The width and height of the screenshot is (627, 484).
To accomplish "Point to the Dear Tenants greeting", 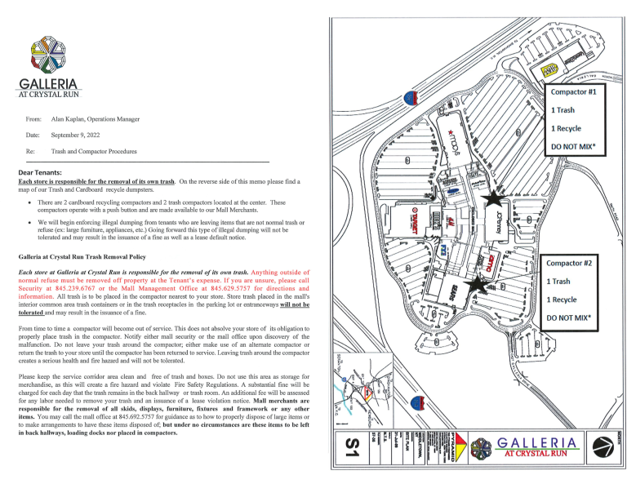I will [x=40, y=172].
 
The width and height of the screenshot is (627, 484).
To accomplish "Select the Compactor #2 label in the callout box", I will [x=572, y=263].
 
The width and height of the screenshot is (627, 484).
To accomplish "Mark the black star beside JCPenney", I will [x=492, y=198].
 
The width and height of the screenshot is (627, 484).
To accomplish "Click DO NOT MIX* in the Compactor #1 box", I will [x=577, y=147].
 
